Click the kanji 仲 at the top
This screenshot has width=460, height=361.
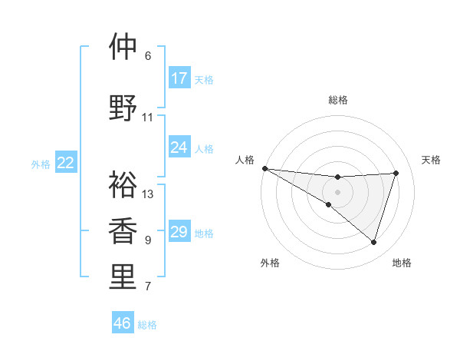click(x=123, y=47)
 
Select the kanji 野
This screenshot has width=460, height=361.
click(x=123, y=108)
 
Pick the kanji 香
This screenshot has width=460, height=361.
click(x=123, y=231)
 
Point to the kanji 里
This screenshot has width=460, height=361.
click(x=123, y=277)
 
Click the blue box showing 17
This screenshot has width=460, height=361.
click(x=179, y=78)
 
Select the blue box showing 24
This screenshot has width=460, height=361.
click(x=179, y=147)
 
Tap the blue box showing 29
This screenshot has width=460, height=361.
click(x=179, y=232)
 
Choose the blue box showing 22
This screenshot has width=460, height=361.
click(x=66, y=163)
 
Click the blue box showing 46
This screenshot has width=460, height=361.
click(x=123, y=323)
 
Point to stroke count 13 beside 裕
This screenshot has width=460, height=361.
click(x=148, y=194)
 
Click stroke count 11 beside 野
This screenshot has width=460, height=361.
click(x=148, y=118)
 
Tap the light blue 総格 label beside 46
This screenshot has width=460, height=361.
click(x=148, y=325)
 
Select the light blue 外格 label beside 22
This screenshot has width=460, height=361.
click(x=41, y=164)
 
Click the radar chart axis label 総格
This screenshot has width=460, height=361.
click(x=338, y=100)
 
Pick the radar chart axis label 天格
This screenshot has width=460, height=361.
click(x=432, y=160)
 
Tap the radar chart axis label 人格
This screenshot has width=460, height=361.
click(x=245, y=160)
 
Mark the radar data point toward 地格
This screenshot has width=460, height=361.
click(x=374, y=242)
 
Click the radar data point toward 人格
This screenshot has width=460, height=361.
click(x=264, y=168)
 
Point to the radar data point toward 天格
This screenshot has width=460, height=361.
click(x=396, y=173)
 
